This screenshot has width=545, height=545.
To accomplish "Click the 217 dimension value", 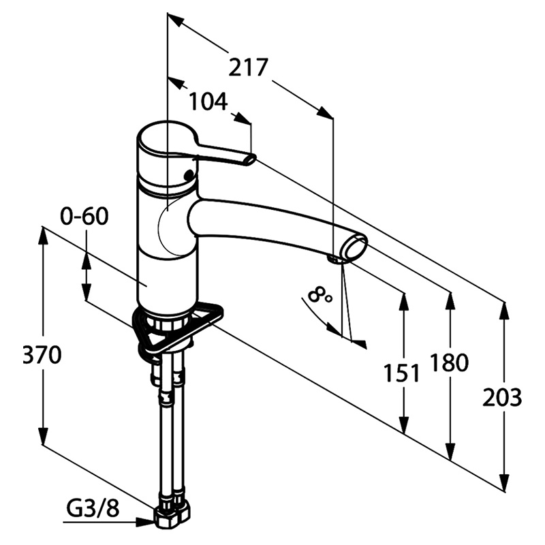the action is tap(248, 67).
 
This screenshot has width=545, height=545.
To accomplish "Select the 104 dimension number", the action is tap(208, 102).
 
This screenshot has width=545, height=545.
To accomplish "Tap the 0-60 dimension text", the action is tap(84, 216).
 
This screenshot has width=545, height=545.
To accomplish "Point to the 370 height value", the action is tap(42, 355).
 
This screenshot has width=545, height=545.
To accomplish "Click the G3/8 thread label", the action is tap(93, 509).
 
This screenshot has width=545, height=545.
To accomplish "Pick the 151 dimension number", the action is tap(402, 373).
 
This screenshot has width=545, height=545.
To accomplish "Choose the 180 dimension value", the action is tap(449, 362).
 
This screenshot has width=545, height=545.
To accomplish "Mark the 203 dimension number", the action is tap(502, 397).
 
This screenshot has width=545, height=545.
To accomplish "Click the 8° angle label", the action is tap(320, 295).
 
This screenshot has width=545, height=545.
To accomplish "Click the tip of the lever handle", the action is tap(250, 160).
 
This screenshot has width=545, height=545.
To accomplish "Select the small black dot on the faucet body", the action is tap(189, 174).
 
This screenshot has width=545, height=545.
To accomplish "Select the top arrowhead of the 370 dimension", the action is tap(43, 236).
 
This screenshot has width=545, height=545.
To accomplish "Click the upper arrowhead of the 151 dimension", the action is tap(404, 302).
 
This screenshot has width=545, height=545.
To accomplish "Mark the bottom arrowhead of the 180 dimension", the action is tap(451, 451).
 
